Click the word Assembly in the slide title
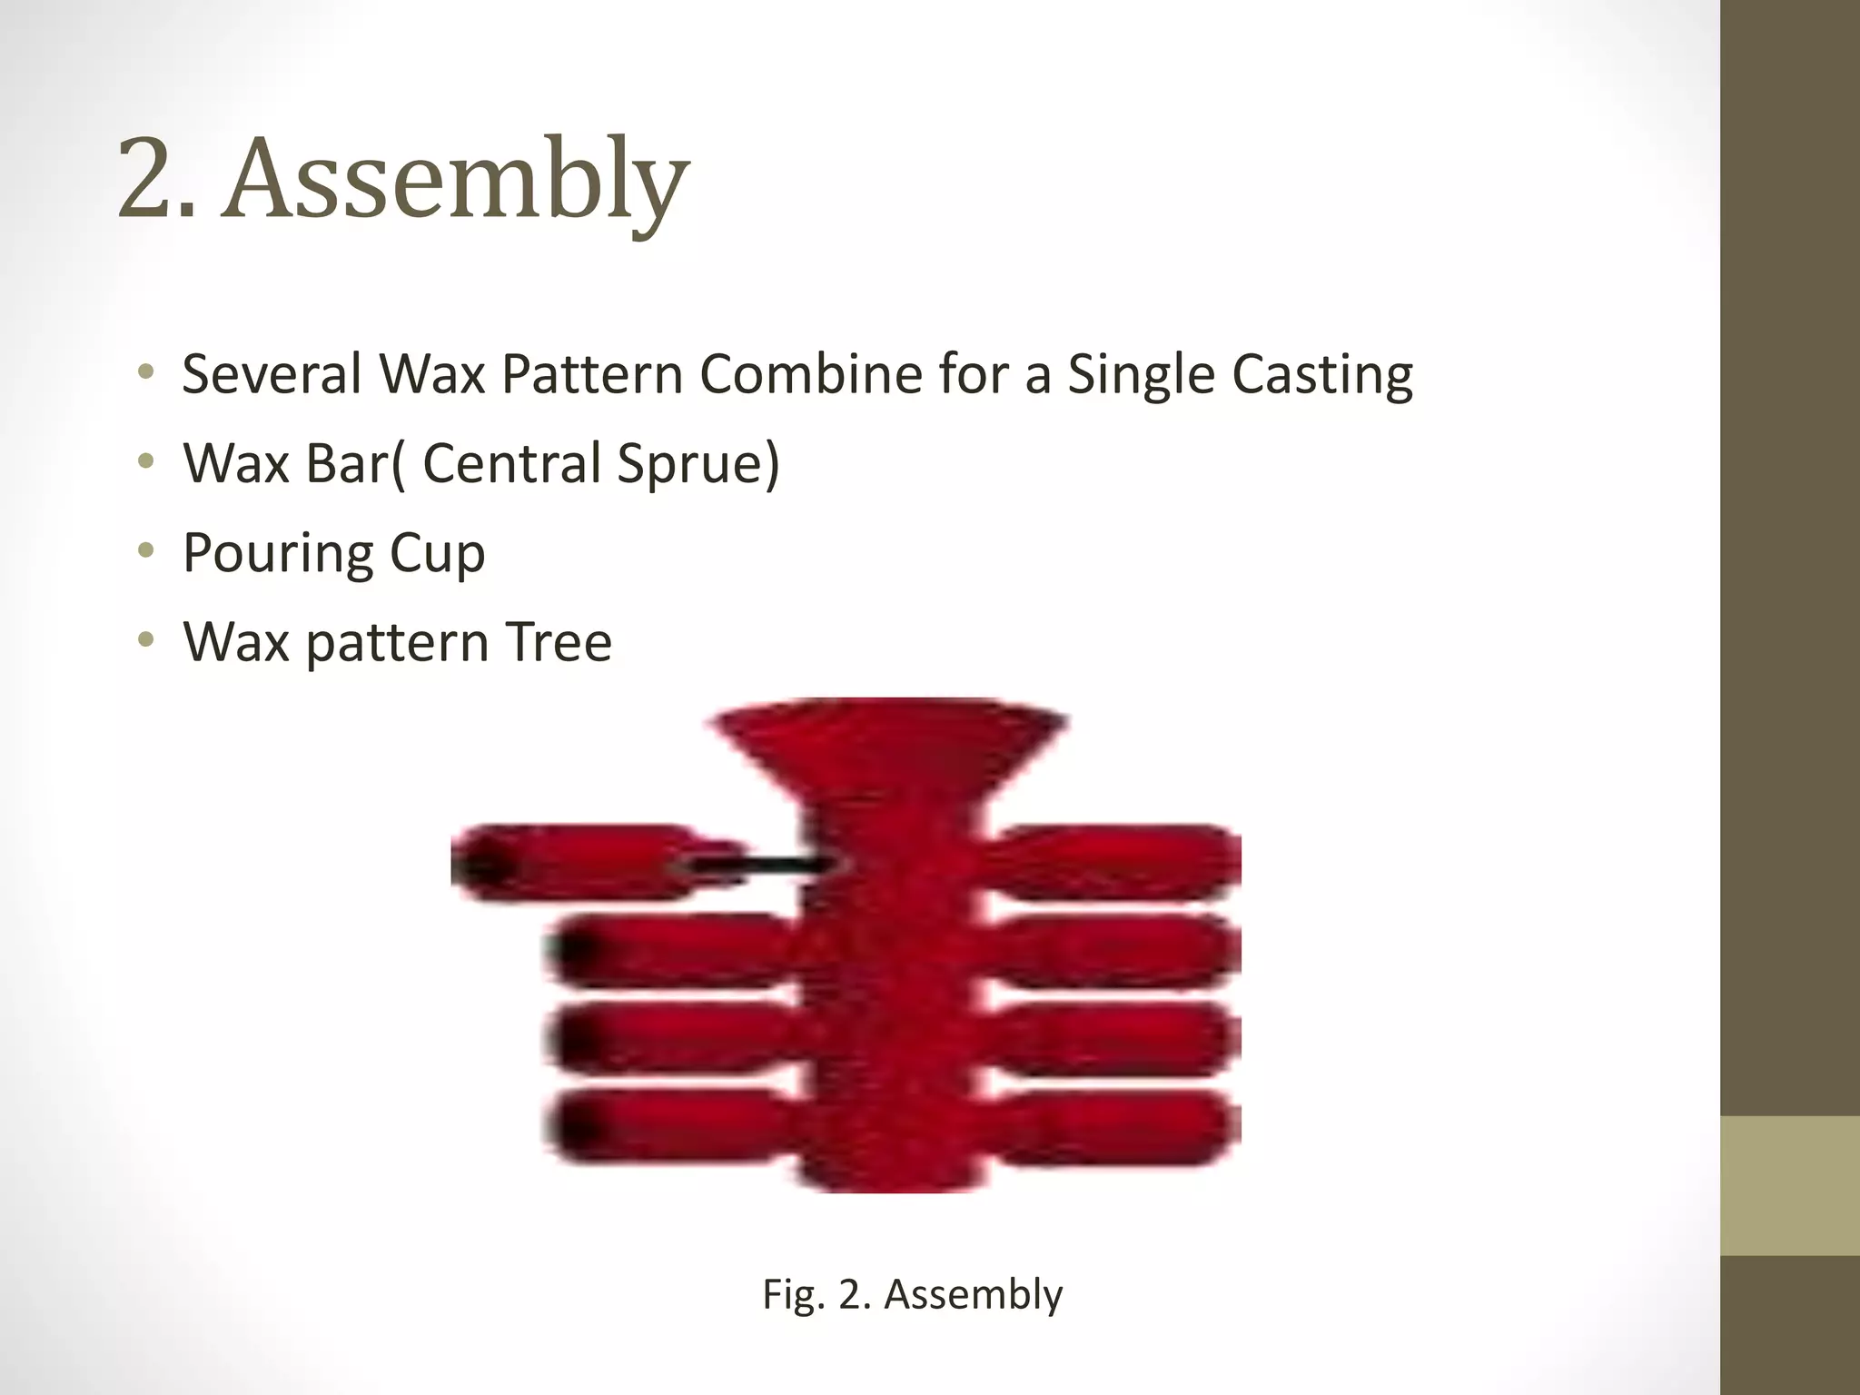click(x=459, y=179)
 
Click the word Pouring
click(x=277, y=554)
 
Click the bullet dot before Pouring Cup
click(x=145, y=550)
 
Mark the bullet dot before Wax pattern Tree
click(x=145, y=640)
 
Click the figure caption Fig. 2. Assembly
click(x=912, y=1294)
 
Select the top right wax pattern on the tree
click(x=1117, y=861)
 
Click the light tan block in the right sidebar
click(x=1789, y=1185)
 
